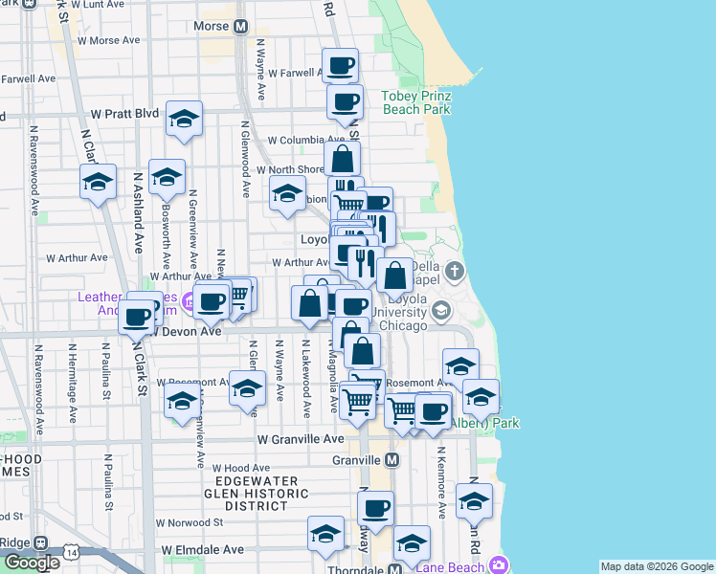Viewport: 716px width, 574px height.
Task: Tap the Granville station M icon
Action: [x=392, y=460]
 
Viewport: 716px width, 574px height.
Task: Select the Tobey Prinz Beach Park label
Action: [x=416, y=102]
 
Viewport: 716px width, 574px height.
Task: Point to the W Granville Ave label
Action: [x=300, y=438]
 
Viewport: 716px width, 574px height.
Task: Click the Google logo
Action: [x=32, y=562]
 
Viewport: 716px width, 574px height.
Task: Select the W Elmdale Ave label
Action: [x=202, y=550]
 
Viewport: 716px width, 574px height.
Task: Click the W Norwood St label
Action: [x=190, y=522]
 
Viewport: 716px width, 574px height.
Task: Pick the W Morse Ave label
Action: [x=108, y=40]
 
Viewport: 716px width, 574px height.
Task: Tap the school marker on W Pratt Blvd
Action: [x=184, y=119]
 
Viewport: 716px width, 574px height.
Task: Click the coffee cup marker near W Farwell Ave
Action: [x=340, y=66]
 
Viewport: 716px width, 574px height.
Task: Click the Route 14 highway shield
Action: [x=71, y=552]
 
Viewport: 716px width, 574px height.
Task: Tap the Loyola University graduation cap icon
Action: [x=441, y=311]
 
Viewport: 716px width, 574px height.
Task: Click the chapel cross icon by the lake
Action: [x=455, y=271]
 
